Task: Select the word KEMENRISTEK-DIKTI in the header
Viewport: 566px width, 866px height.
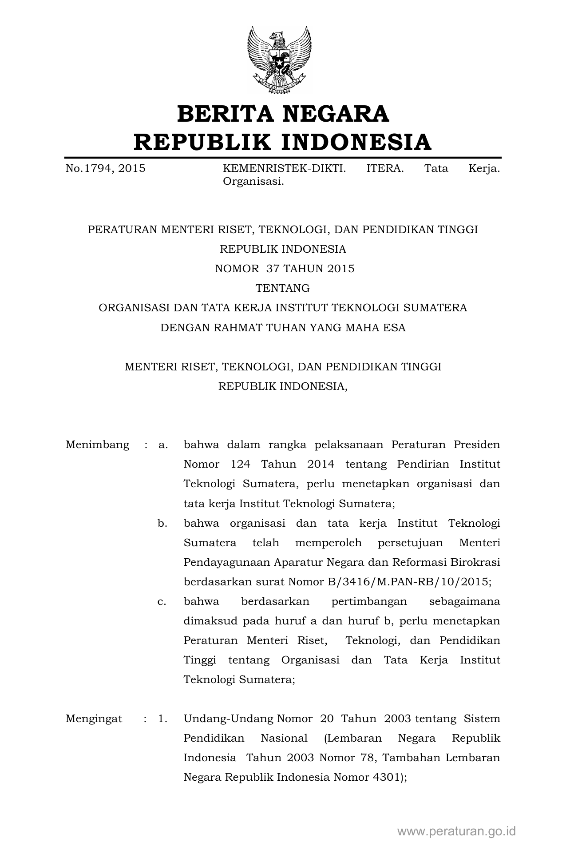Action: tap(284, 169)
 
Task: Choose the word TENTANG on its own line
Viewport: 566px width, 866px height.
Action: tap(283, 288)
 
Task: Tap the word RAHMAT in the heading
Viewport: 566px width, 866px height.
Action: tap(238, 328)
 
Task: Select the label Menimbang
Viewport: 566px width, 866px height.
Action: tap(98, 445)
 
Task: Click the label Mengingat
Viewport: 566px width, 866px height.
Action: tap(94, 719)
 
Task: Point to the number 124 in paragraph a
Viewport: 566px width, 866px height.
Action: tap(240, 464)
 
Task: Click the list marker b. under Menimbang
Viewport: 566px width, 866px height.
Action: tap(162, 523)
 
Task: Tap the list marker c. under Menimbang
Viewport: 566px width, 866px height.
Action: tap(162, 601)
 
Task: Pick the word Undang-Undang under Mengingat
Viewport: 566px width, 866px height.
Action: tap(229, 719)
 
